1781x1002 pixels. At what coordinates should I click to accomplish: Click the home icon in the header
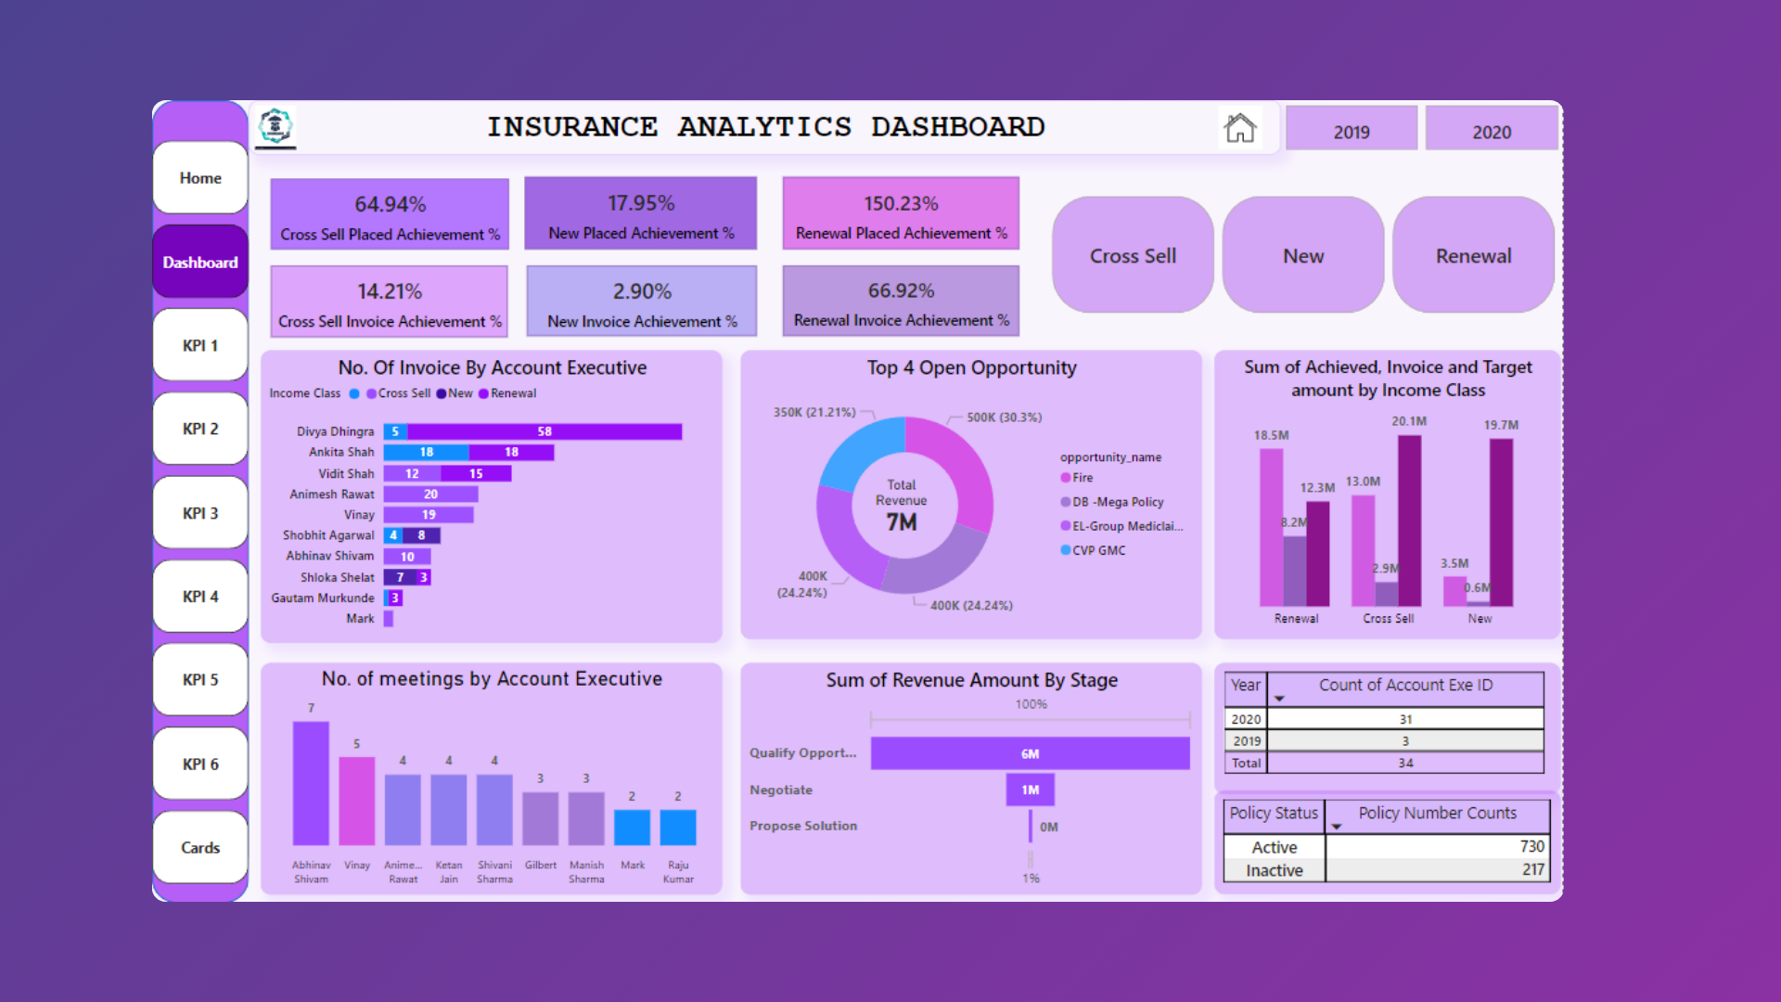(x=1240, y=128)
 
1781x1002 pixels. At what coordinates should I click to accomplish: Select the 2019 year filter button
(x=1351, y=131)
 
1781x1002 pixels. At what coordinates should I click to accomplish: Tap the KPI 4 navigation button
(x=200, y=597)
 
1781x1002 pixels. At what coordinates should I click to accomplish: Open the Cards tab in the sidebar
(x=200, y=847)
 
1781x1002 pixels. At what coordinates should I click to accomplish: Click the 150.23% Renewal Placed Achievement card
(x=900, y=214)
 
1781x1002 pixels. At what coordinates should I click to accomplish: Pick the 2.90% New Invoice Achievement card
(x=642, y=302)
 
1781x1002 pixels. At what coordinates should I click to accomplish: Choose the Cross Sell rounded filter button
(x=1133, y=255)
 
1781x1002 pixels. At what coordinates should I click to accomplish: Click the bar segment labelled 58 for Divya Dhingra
(x=545, y=431)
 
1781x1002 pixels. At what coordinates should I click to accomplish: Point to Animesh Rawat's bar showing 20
(x=430, y=495)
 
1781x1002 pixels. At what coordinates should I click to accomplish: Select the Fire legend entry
(x=1082, y=478)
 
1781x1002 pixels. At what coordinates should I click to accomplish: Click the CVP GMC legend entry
(x=1098, y=550)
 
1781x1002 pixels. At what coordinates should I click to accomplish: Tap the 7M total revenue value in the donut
(x=901, y=522)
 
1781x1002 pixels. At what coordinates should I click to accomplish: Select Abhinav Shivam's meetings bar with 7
(x=311, y=783)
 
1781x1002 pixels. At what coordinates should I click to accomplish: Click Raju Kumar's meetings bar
(x=678, y=827)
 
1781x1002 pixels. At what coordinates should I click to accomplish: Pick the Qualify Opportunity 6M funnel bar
(x=1030, y=753)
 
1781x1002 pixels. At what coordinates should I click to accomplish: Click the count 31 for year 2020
(x=1405, y=719)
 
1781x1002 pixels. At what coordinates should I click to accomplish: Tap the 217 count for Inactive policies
(x=1532, y=869)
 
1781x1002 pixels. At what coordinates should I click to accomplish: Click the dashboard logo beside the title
(x=275, y=126)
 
